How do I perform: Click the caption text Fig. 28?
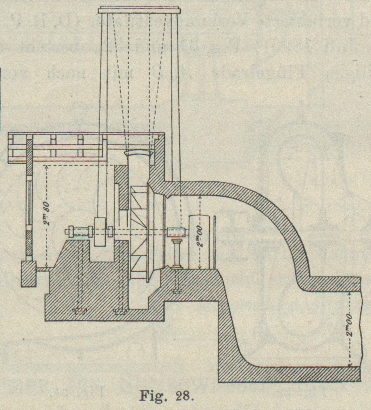[x=167, y=397]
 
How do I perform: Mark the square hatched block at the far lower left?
[x=28, y=274]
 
